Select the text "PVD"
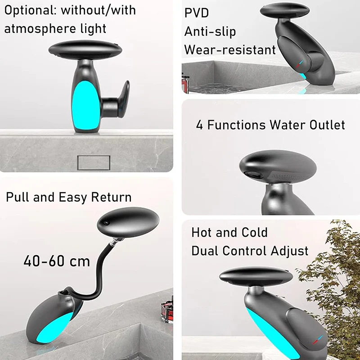tap(197, 13)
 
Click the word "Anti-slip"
tap(210, 31)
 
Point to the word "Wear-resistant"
tap(230, 49)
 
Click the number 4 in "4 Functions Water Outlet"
tap(199, 125)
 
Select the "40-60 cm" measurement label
tap(57, 261)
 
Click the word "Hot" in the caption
tap(202, 233)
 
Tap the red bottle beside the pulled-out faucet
tap(167, 310)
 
